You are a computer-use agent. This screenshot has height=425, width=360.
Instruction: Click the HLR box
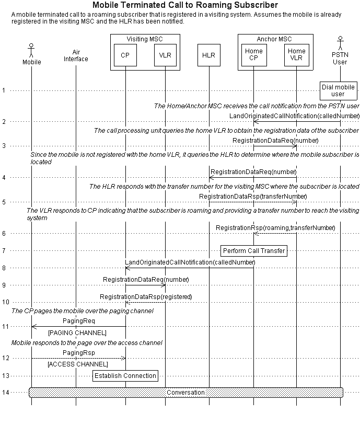(x=209, y=55)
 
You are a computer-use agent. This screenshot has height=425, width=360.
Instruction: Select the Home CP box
(x=254, y=55)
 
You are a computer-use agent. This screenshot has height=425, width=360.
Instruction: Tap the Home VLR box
(x=297, y=55)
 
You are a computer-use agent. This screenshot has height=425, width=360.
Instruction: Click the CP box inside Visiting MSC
(x=125, y=55)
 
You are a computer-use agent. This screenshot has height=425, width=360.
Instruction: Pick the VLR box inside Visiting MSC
(x=165, y=55)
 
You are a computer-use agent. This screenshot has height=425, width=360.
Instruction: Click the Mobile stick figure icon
(x=31, y=50)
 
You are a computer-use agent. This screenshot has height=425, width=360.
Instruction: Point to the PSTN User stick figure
(x=340, y=43)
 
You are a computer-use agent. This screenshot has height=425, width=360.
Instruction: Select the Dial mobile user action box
(x=338, y=91)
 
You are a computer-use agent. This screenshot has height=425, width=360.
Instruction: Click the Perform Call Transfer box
(x=254, y=251)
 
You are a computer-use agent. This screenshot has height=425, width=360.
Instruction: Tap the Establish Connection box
(x=125, y=376)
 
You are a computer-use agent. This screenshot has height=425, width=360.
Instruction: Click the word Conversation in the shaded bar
(x=185, y=393)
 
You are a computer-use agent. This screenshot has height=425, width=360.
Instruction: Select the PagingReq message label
(x=79, y=321)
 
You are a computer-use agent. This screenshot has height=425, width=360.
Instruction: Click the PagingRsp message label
(x=79, y=353)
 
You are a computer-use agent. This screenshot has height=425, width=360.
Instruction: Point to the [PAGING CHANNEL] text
(x=77, y=333)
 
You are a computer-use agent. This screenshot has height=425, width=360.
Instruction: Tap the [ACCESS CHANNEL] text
(x=78, y=364)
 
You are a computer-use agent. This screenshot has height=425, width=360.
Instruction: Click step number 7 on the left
(x=4, y=251)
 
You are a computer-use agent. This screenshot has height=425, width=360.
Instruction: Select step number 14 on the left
(x=5, y=393)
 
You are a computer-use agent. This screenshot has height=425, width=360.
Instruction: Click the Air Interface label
(x=76, y=55)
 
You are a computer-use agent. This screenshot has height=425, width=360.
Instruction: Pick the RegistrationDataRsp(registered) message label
(x=146, y=297)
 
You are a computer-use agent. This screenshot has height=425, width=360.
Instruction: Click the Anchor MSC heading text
(x=274, y=39)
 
